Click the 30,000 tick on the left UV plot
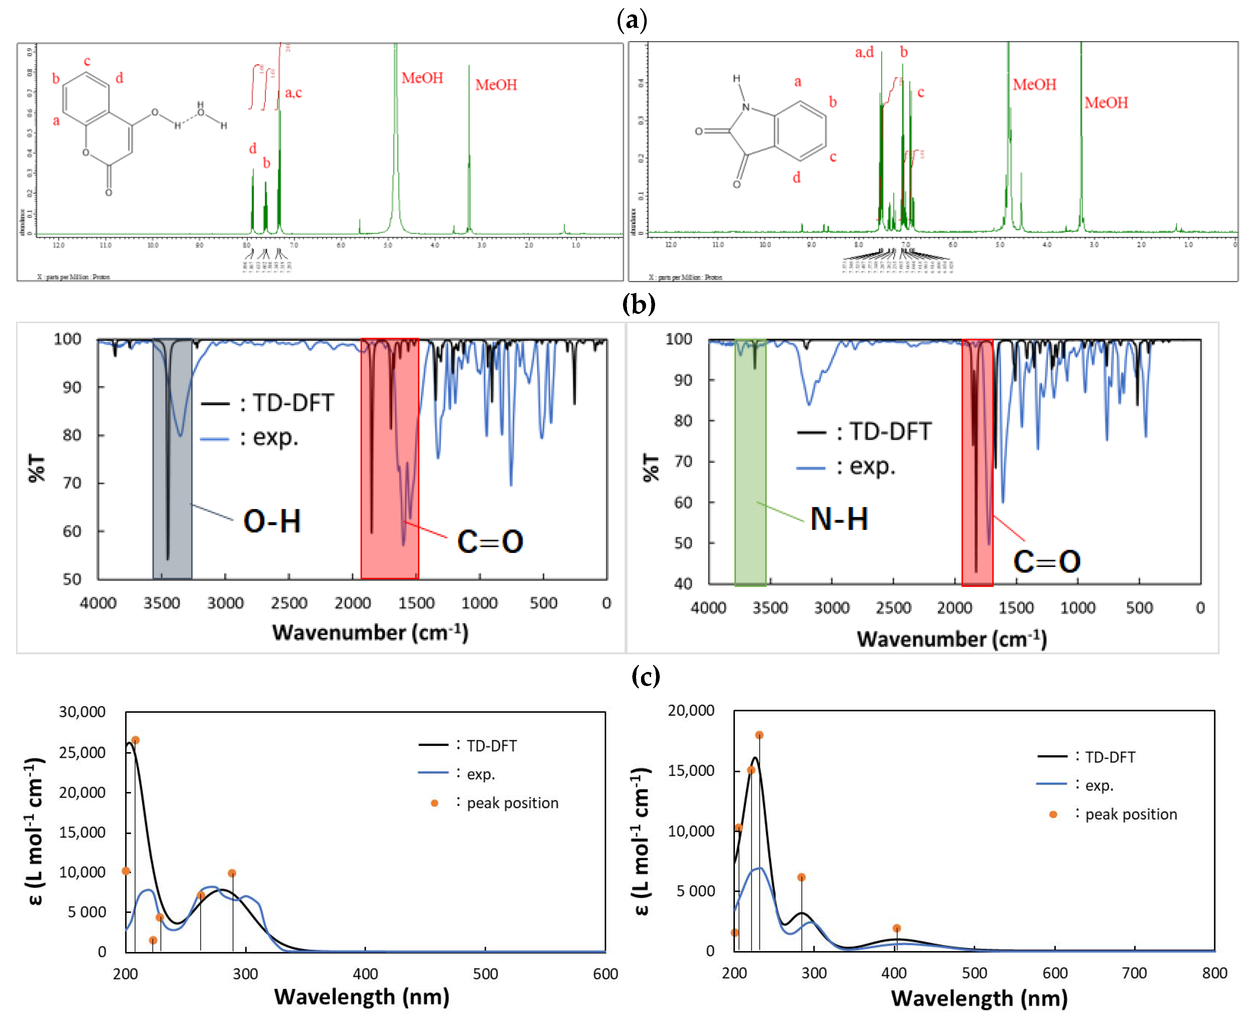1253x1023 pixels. pyautogui.click(x=82, y=712)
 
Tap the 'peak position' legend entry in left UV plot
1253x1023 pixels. pyautogui.click(x=512, y=803)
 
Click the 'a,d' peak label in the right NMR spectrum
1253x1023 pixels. pyautogui.click(x=864, y=52)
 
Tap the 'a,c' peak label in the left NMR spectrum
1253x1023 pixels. pyautogui.click(x=293, y=93)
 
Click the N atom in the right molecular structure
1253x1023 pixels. pyautogui.click(x=746, y=107)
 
